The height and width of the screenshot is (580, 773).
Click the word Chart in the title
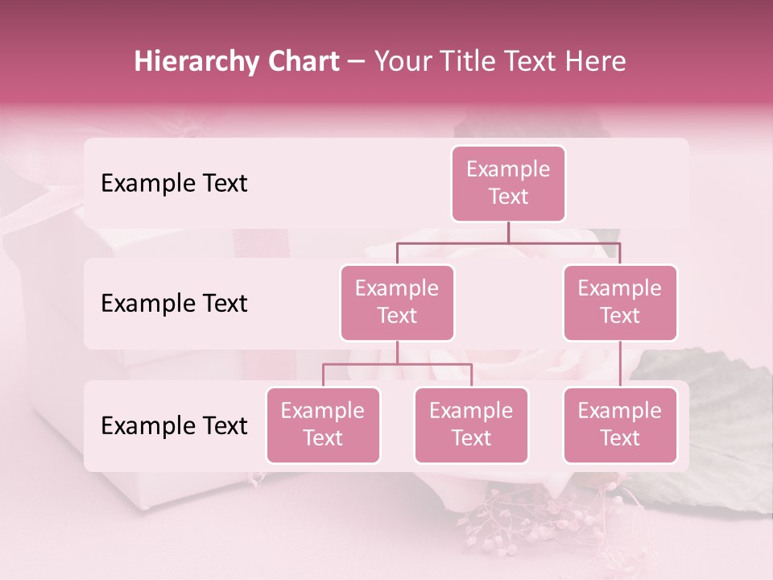click(x=301, y=62)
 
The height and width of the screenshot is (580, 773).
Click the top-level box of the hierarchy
click(x=508, y=184)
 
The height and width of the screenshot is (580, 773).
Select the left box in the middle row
click(x=397, y=302)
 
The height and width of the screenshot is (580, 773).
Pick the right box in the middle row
click(x=620, y=302)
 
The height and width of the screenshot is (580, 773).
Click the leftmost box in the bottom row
click(x=323, y=425)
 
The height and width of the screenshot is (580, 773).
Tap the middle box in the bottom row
click(x=471, y=425)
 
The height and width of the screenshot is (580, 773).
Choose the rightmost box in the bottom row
click(x=620, y=425)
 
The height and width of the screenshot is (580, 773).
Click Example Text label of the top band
click(x=174, y=184)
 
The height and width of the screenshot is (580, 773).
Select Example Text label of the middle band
click(x=174, y=304)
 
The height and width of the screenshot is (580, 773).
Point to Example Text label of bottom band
click(x=174, y=425)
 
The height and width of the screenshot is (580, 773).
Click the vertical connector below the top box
click(x=508, y=232)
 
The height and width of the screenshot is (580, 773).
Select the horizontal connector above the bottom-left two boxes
click(x=397, y=364)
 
